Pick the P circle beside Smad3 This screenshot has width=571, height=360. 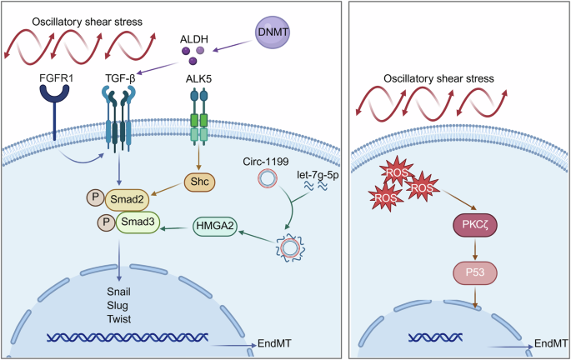(105, 224)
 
